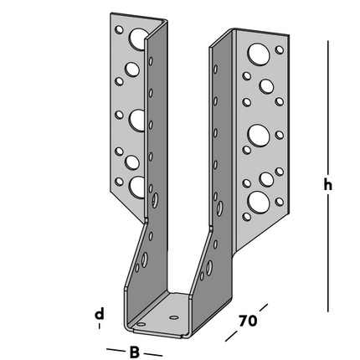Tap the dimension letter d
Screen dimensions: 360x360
coord(99,314)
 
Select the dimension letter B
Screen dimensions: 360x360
coord(134,352)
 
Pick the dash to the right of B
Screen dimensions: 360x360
coord(154,354)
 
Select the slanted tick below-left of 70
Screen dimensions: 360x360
coord(232,338)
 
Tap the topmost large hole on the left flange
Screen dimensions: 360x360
coord(133,38)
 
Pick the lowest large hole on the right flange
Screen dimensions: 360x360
coord(259,204)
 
